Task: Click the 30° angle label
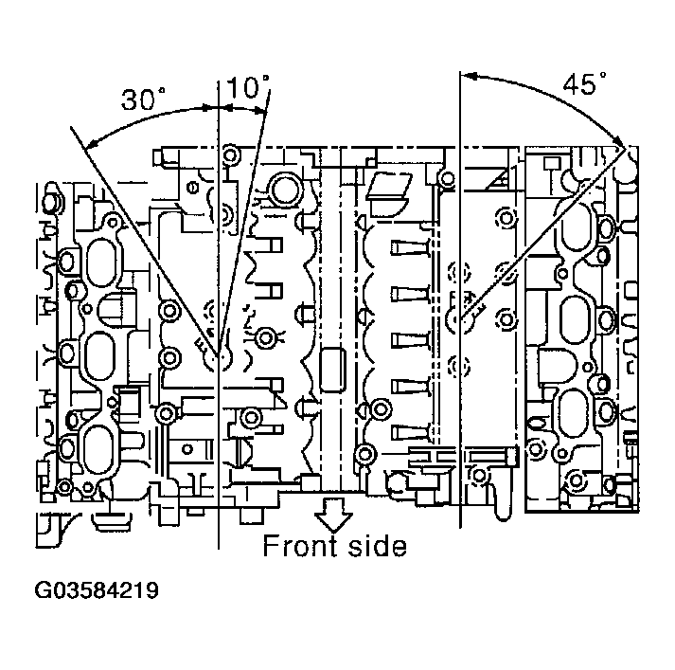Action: pyautogui.click(x=143, y=100)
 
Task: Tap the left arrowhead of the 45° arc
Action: pyautogui.click(x=464, y=73)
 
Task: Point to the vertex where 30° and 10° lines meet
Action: pyautogui.click(x=219, y=357)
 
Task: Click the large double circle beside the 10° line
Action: pyautogui.click(x=283, y=189)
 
